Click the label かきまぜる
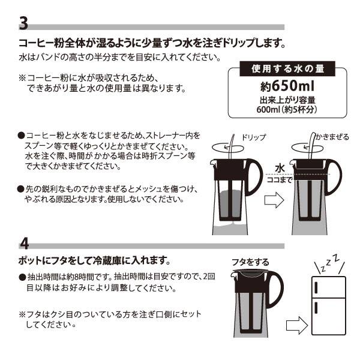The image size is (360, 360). pyautogui.click(x=331, y=137)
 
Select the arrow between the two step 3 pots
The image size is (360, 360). pyautogui.click(x=274, y=200)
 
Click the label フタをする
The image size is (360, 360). pyautogui.click(x=250, y=262)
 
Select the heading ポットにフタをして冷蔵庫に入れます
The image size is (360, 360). pyautogui.click(x=95, y=262)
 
